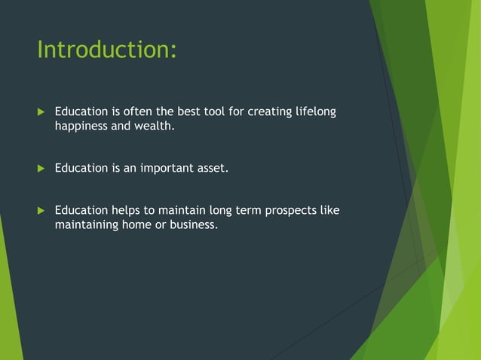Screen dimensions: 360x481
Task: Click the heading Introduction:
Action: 107,50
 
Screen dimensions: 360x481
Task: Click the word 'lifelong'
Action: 315,112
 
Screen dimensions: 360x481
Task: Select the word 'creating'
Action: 265,112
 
